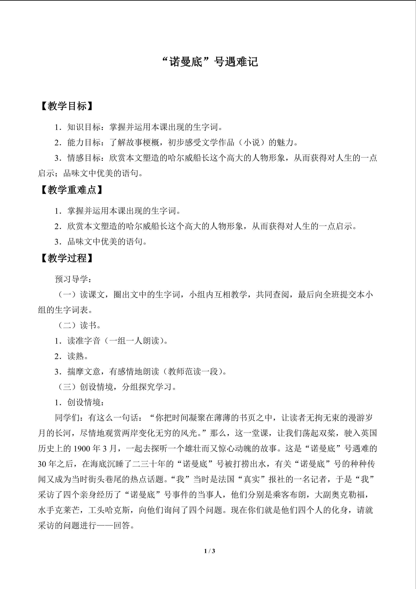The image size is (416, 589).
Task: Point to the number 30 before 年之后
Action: click(42, 464)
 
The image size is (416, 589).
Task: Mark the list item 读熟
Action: click(76, 356)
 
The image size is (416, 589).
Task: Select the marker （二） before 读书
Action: click(67, 325)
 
